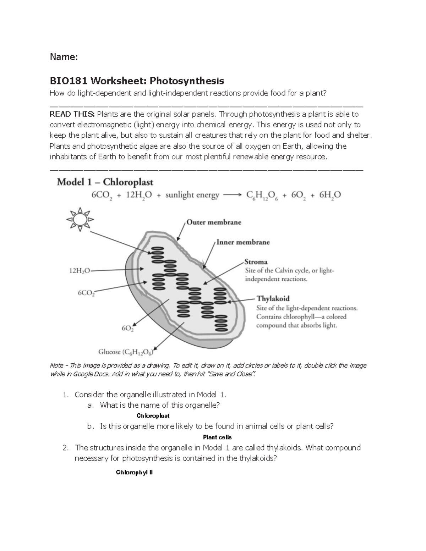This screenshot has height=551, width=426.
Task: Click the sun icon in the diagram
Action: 80,220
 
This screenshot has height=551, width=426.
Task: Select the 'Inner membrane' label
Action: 243,242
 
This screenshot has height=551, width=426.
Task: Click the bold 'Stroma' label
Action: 256,262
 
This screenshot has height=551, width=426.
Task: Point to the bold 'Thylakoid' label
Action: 273,299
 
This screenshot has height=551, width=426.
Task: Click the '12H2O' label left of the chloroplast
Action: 79,271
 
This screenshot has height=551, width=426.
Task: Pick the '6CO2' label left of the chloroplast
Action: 86,293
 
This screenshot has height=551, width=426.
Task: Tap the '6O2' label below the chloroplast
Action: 128,329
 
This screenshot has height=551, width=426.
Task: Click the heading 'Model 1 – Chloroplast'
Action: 105,182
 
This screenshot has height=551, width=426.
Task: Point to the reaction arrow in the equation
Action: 233,195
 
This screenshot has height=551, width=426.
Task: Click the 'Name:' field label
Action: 64,57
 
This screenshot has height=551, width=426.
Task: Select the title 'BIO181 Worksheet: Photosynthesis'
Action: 137,81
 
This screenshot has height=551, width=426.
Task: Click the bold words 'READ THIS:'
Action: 72,114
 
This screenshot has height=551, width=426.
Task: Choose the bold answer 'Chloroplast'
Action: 153,415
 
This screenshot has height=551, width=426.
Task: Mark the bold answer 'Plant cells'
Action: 217,437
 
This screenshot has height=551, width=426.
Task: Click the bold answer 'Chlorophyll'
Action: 135,473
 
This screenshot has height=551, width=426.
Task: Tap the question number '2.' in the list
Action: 65,448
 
